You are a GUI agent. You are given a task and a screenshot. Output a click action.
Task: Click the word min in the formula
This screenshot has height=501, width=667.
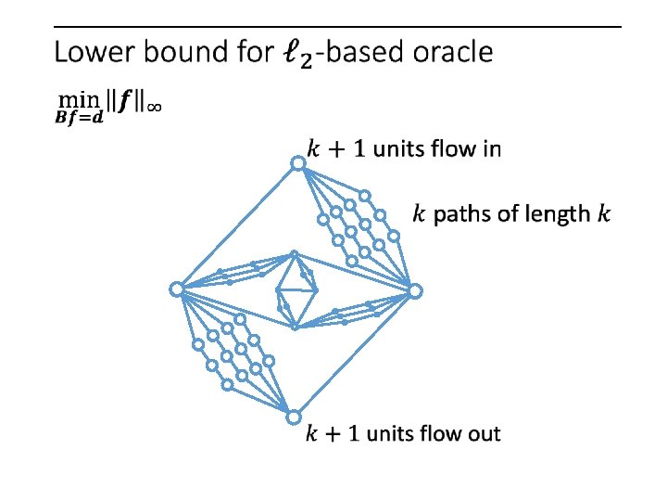[x=70, y=98]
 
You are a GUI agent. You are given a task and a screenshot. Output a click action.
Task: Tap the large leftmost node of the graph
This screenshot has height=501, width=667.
[x=176, y=289]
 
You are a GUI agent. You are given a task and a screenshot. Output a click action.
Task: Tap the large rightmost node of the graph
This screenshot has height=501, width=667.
[x=416, y=291]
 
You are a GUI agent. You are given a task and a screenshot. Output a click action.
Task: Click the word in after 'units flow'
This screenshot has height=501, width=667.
[x=490, y=148]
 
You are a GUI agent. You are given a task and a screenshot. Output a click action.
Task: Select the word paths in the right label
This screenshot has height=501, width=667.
[x=460, y=215]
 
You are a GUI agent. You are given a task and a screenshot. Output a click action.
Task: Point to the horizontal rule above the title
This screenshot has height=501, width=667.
[x=338, y=27]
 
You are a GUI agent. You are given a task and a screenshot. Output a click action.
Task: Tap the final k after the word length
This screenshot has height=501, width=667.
[x=604, y=214]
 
